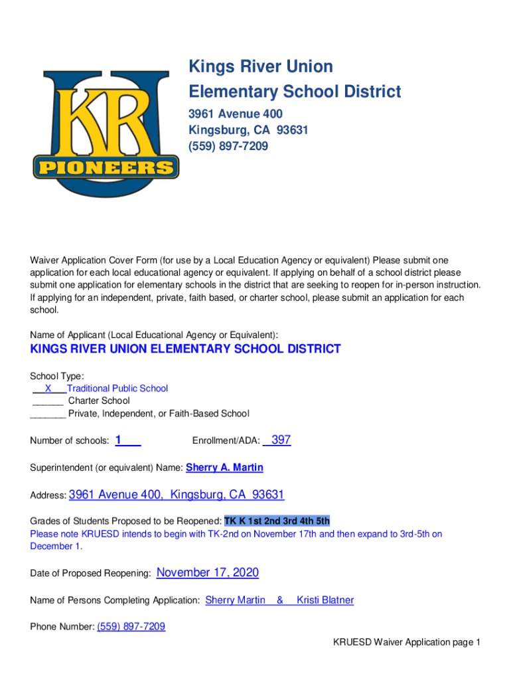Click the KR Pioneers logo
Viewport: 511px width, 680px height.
106,133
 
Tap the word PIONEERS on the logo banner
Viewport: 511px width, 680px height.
106,167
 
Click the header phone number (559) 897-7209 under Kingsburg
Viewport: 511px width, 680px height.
228,146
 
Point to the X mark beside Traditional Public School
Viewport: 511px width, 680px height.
48,388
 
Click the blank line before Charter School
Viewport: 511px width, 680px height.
47,401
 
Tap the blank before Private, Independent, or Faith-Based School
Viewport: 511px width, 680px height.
48,414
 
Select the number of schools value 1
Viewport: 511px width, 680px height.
118,440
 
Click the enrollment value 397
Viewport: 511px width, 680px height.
281,440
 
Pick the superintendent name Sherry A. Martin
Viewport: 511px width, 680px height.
224,467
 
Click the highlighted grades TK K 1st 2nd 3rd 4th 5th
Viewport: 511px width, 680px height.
277,521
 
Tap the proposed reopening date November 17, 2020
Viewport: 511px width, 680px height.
207,572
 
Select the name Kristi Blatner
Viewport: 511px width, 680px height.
325,600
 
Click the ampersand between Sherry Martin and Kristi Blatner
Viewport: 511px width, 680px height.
280,600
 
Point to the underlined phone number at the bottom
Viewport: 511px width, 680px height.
131,626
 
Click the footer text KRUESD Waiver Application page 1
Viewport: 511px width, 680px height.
407,642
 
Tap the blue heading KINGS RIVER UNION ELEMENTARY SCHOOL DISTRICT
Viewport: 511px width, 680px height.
186,349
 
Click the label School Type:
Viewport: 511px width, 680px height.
57,376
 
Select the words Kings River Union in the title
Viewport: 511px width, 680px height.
261,66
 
